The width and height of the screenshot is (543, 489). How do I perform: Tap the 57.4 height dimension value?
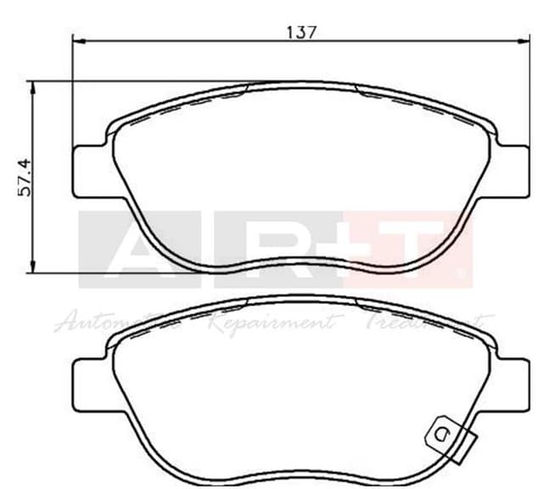pos(25,177)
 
